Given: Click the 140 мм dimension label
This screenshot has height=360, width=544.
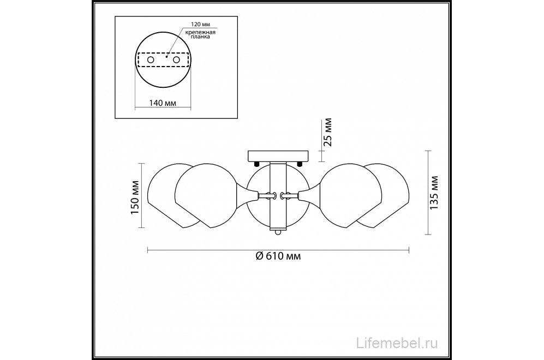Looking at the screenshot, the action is pyautogui.click(x=163, y=103).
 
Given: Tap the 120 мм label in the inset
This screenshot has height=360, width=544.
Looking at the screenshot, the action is pyautogui.click(x=201, y=25).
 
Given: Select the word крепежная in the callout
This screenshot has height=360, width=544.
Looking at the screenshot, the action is pyautogui.click(x=200, y=32).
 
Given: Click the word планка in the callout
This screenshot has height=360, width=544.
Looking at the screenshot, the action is pyautogui.click(x=201, y=37).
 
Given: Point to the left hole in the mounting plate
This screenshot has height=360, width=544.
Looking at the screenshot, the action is pyautogui.click(x=151, y=60).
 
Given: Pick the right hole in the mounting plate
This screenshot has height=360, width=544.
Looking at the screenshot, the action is pyautogui.click(x=177, y=60).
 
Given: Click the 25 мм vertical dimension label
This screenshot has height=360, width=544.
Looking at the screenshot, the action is pyautogui.click(x=328, y=132).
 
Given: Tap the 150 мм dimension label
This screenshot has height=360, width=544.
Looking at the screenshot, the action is pyautogui.click(x=135, y=197).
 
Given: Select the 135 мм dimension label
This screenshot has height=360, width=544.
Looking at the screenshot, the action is pyautogui.click(x=434, y=193).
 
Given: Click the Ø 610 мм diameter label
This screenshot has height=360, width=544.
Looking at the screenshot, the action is pyautogui.click(x=278, y=256).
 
